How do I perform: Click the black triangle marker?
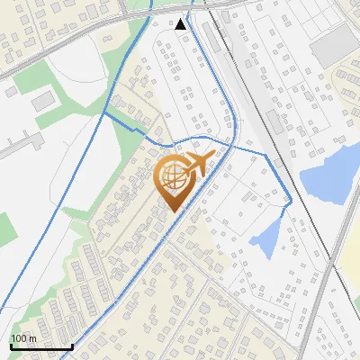click(181, 24)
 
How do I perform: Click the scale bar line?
click(40, 347)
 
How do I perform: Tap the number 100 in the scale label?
click(19, 338)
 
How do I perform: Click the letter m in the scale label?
click(32, 338)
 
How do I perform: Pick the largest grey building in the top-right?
click(334, 44)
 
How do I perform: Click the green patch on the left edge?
click(4, 225)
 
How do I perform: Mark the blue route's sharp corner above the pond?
click(289, 206)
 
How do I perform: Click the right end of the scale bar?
click(72, 346)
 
